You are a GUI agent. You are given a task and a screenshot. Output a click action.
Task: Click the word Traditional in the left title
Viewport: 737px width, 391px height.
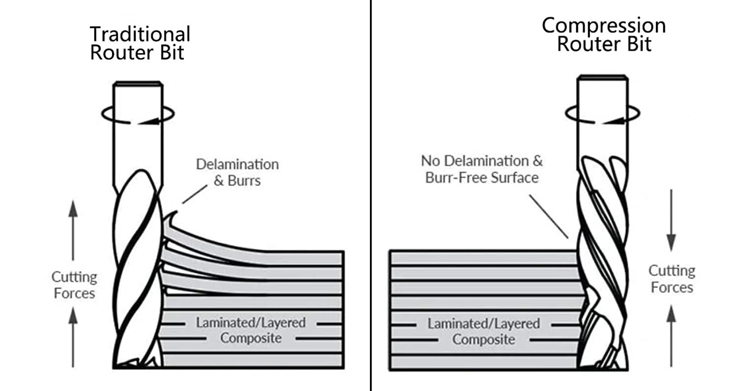point(140,34)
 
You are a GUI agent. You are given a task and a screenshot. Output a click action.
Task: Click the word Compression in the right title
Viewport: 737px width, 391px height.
point(604,26)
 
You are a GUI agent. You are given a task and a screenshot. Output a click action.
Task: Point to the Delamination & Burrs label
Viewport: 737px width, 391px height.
point(237,172)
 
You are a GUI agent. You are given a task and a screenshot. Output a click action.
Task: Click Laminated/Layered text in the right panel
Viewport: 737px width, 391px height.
point(483,324)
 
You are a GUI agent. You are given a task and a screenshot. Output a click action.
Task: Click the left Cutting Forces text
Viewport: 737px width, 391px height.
point(74,285)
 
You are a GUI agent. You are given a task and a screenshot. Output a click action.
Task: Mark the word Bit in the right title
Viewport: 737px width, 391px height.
point(639,44)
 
